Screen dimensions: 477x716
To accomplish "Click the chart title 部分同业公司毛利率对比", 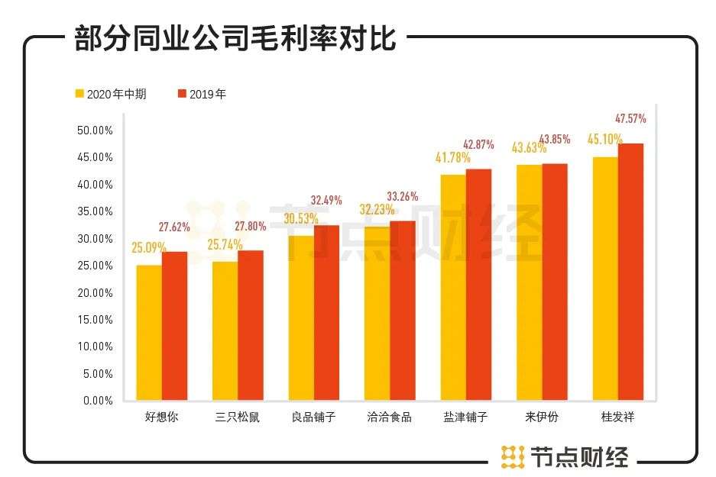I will [235, 37].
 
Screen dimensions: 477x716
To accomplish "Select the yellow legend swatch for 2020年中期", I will [79, 94].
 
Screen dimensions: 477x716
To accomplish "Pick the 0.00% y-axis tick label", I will [98, 400].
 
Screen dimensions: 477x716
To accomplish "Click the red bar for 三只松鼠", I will [251, 324].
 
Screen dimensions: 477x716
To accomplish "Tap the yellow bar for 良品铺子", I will [301, 317].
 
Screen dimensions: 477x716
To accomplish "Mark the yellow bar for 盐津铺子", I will [453, 287].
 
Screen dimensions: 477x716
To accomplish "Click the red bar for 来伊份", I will [555, 282].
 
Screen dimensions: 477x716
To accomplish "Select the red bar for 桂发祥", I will [630, 272].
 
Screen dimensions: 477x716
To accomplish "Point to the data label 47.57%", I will [630, 118].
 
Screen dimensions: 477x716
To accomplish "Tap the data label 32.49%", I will [326, 200].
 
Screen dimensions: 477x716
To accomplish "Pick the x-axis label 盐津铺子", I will [465, 417].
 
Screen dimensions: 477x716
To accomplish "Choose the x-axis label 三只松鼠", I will [238, 417].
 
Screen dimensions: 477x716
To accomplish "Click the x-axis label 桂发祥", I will [617, 417].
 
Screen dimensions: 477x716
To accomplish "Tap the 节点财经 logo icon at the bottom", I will [512, 456].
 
